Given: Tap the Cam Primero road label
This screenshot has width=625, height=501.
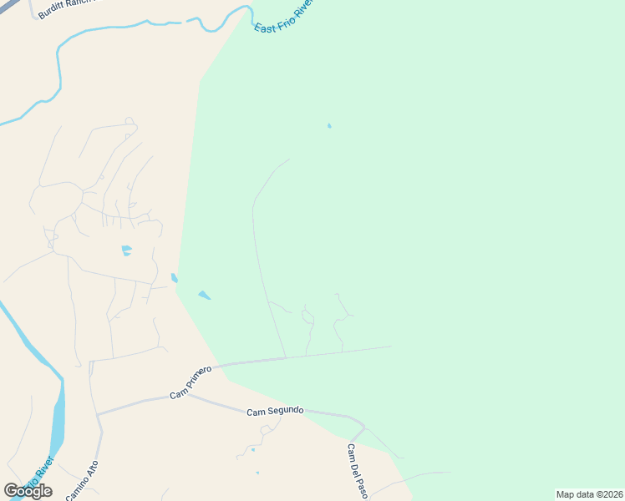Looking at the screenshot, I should coord(191,381).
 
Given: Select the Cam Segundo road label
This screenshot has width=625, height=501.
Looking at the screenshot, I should coord(275,412).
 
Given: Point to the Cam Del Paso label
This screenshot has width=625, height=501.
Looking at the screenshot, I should coord(357,471).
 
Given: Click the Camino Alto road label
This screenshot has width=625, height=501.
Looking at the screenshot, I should coord(82,481).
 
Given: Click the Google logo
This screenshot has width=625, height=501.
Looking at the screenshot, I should coord(28,490).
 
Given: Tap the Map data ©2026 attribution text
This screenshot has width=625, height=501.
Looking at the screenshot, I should coord(588,494).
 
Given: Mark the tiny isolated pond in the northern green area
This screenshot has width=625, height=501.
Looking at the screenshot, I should coord(329,126).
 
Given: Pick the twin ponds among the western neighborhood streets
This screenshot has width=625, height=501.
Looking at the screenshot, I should coord(126,250).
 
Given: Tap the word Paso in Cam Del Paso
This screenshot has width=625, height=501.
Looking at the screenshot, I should coord(362,486).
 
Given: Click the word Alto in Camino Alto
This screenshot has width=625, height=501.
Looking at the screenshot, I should coord(91,468).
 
